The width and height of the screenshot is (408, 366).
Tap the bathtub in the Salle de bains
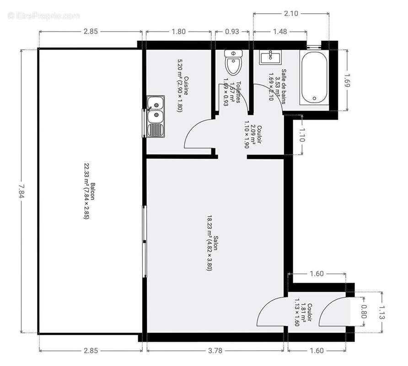click(x=314, y=77)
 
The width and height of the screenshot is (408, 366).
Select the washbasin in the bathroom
click(x=271, y=57)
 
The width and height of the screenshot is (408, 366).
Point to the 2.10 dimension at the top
click(x=290, y=14)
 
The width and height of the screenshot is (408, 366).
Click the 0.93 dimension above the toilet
click(x=232, y=32)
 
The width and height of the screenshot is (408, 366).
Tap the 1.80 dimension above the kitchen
click(x=178, y=32)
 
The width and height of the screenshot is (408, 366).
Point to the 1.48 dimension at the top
click(x=279, y=32)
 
